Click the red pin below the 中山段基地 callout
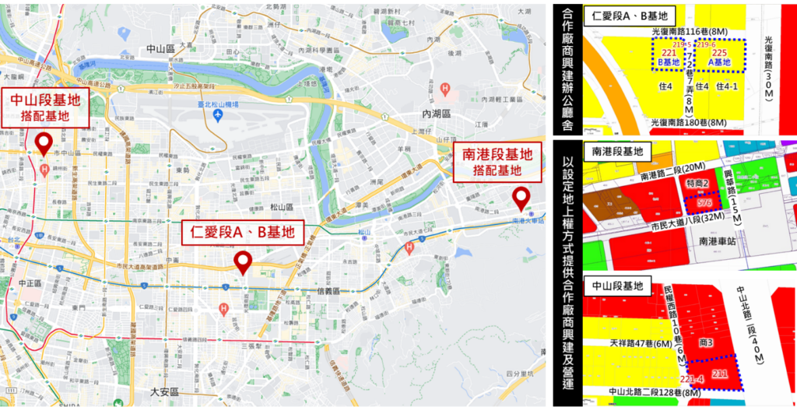click(x=44, y=143)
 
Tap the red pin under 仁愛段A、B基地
click(x=243, y=262)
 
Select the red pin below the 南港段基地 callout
click(x=519, y=198)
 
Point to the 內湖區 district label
click(x=436, y=114)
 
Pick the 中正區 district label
click(x=33, y=283)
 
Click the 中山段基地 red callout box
click(x=47, y=107)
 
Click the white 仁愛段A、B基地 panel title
click(x=631, y=15)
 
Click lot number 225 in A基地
click(x=720, y=52)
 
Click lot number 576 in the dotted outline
click(x=704, y=203)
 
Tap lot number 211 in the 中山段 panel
click(x=720, y=376)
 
